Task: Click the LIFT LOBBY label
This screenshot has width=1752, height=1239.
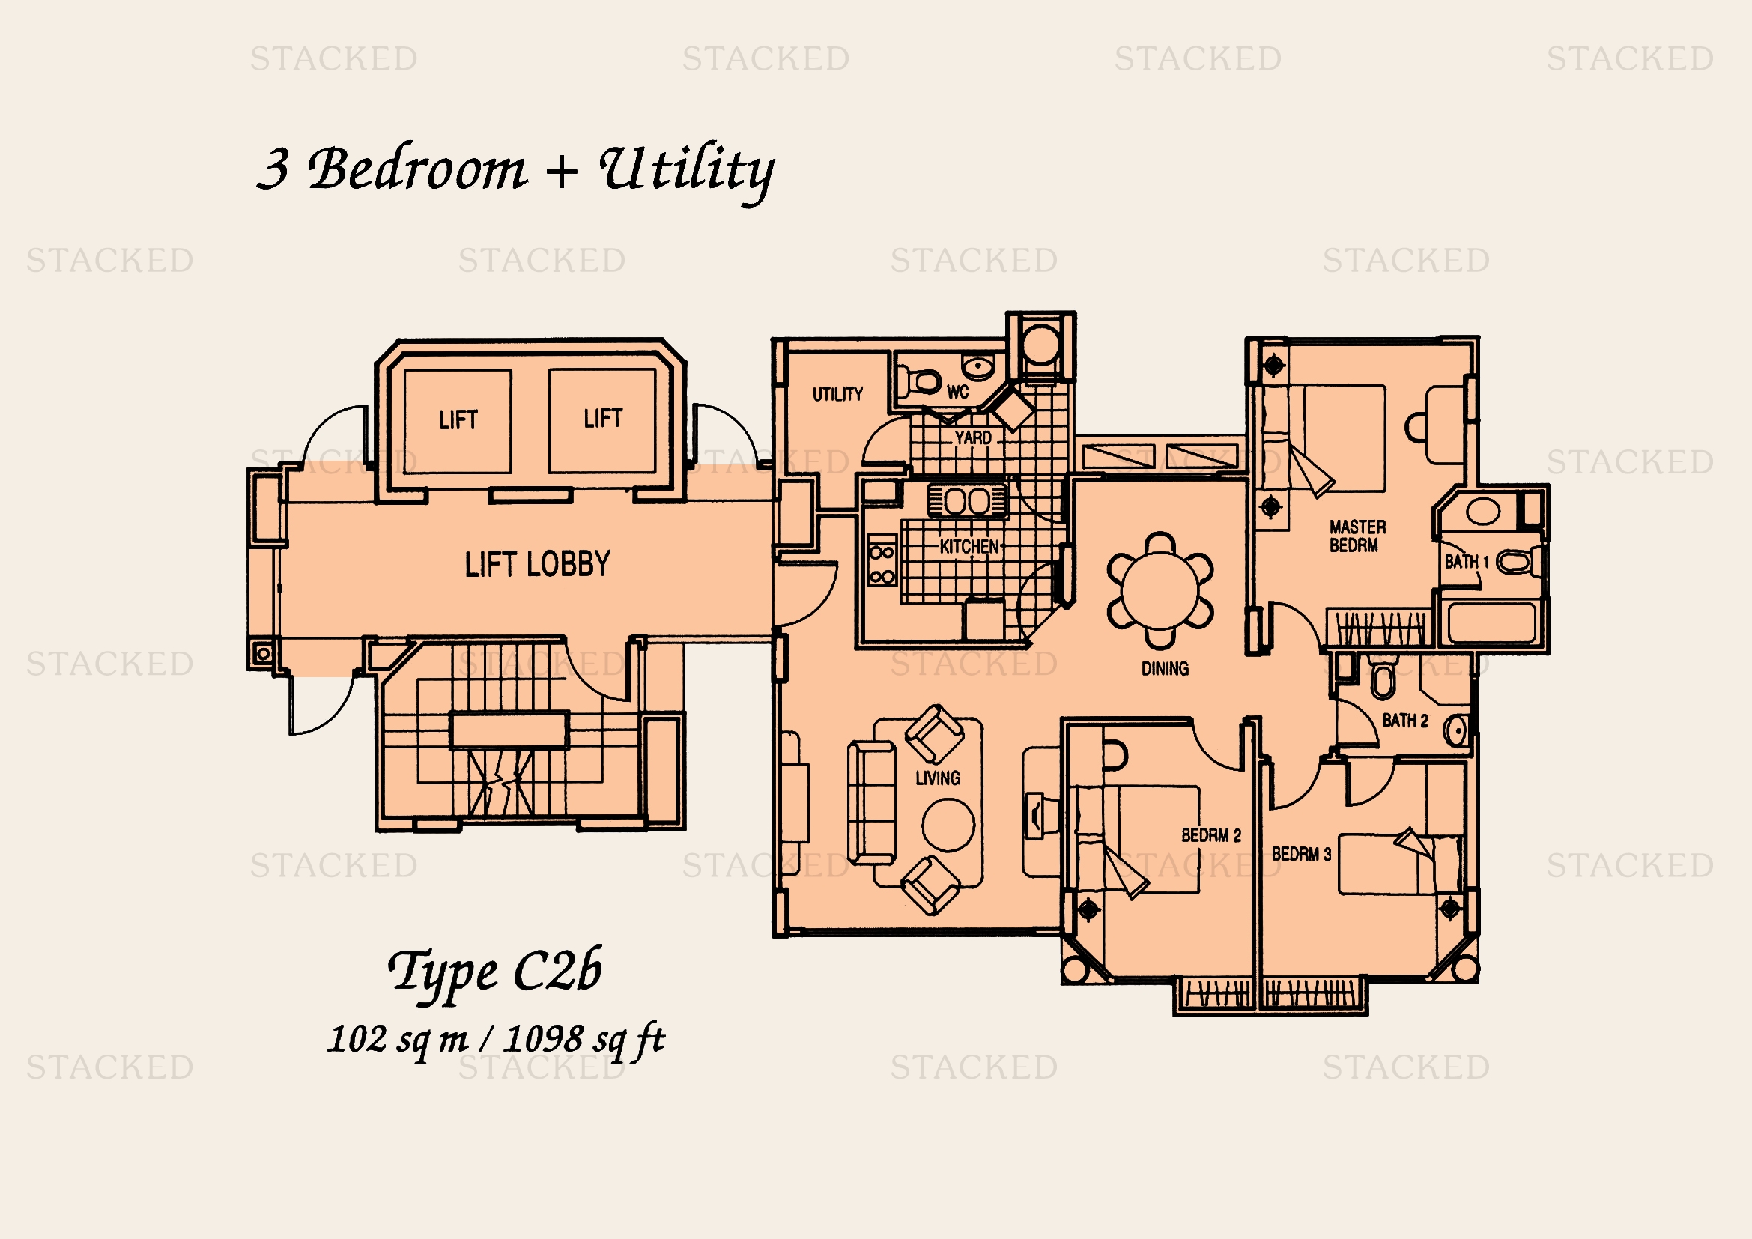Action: point(537,564)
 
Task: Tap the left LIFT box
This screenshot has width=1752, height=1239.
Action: point(458,421)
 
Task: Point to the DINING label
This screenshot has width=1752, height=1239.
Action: point(1165,669)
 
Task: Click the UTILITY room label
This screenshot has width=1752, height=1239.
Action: point(837,395)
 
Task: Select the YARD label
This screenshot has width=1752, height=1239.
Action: point(973,438)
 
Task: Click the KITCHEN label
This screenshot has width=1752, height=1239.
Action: point(969,546)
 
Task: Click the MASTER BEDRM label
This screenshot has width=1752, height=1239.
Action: point(1357,536)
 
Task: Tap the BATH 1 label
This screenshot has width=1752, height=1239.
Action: point(1467,563)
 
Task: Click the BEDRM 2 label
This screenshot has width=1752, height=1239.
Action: point(1211,835)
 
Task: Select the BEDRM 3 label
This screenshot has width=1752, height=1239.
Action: point(1301,854)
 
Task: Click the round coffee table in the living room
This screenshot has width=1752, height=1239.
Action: point(948,825)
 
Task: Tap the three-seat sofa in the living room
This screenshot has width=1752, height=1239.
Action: point(872,802)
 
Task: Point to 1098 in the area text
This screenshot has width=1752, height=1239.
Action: point(543,1039)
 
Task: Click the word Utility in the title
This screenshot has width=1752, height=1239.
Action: point(687,169)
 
